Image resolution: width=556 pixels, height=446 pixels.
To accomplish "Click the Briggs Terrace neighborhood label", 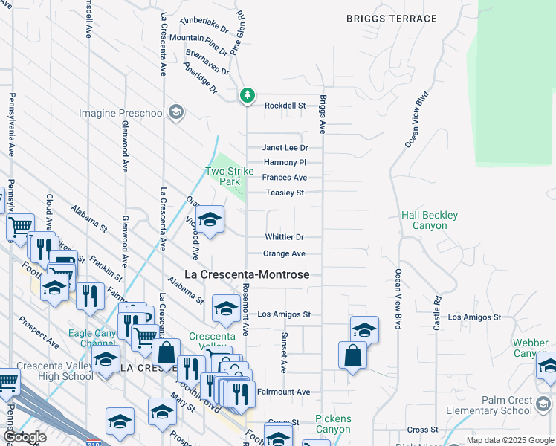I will point(391,19).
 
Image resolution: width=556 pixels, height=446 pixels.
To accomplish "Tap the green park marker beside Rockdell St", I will point(247,95).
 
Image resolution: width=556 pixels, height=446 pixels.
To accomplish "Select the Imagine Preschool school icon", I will point(175,112).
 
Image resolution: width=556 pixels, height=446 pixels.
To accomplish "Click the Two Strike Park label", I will point(223,176).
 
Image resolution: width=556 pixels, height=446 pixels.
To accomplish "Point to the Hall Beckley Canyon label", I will point(430,220).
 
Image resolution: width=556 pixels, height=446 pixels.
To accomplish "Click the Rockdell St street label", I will point(285,106).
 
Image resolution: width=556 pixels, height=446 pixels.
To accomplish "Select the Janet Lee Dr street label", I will point(284,148).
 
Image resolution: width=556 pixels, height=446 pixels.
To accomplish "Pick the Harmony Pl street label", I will point(285,162).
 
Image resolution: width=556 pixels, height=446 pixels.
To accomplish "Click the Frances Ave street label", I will point(284,178).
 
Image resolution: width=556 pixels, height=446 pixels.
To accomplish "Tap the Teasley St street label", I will point(285,193).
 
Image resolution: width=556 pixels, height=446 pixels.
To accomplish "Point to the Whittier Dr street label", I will point(284,237).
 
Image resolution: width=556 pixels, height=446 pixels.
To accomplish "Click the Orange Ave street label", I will point(284,253).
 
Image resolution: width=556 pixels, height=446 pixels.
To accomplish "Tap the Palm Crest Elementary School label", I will point(489,405).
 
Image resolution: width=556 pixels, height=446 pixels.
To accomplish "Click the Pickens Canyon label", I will point(333,424).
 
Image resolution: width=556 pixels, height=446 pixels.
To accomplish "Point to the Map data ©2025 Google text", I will point(509,440).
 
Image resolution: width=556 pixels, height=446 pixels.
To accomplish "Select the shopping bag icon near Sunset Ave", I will point(352,356).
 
